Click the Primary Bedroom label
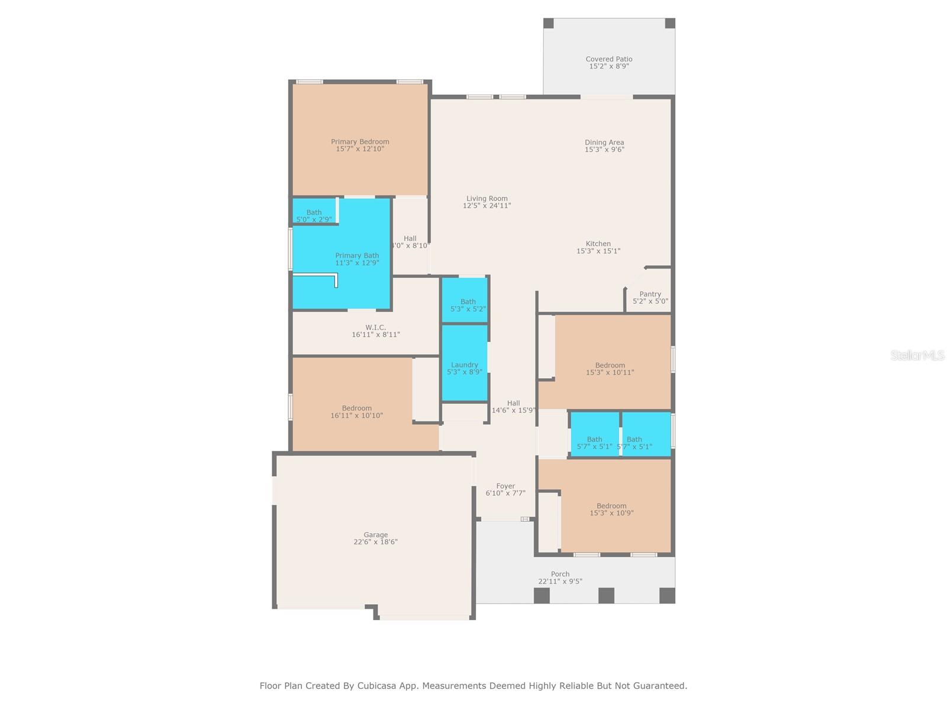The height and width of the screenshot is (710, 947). pos(360,141)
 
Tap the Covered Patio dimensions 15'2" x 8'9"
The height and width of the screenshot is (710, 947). pos(608,66)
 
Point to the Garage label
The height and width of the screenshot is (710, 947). pos(375,534)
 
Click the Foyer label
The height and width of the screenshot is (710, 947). pos(505,486)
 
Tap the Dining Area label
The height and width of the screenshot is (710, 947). pos(604,142)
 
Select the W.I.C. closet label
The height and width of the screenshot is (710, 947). pos(375,327)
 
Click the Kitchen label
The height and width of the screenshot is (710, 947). pos(598,243)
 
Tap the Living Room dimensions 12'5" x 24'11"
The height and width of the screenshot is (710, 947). pos(487,206)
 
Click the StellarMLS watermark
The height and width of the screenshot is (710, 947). pos(917,355)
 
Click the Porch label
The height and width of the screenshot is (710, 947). pos(560,573)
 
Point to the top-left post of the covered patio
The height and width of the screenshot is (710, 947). pos(549,23)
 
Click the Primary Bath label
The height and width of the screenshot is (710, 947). pos(357,256)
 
